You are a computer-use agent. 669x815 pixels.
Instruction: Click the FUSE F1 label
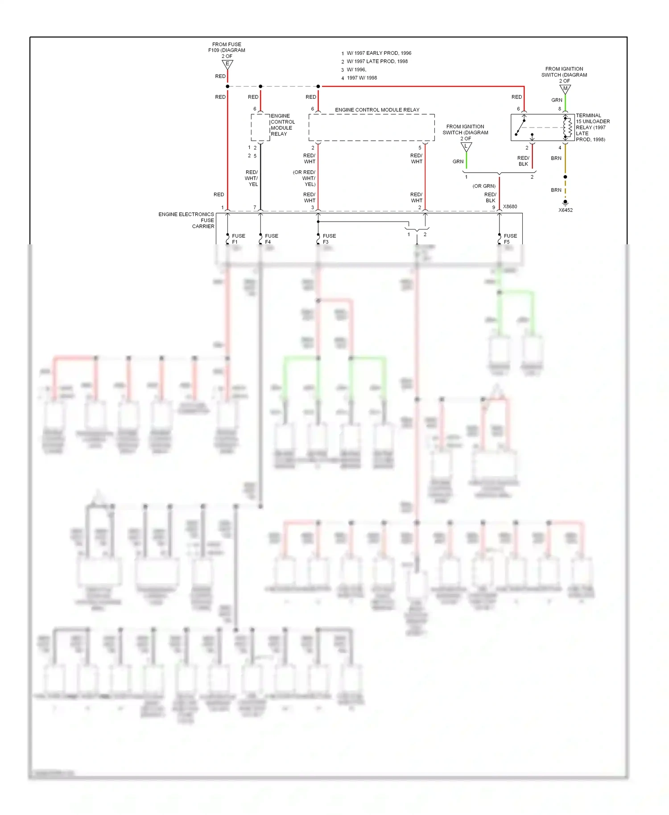point(238,239)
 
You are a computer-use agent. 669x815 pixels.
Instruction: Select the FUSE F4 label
point(271,239)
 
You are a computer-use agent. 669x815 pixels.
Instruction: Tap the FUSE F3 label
point(329,239)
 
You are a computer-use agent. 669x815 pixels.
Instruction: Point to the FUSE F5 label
point(510,239)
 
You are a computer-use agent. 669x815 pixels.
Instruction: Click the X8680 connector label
point(510,206)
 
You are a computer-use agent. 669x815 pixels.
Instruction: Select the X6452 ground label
point(565,210)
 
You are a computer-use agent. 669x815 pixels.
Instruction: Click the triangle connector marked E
point(227,64)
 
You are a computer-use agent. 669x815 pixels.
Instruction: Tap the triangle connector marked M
point(565,89)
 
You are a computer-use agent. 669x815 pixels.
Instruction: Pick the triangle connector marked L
point(466,146)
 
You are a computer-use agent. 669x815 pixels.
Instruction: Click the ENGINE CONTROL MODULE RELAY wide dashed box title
point(377,110)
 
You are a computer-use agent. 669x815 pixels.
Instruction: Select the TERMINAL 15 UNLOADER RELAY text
point(592,128)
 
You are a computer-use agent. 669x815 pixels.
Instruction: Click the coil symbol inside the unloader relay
point(568,128)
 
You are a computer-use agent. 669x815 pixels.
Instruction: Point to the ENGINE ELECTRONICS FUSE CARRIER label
point(186,220)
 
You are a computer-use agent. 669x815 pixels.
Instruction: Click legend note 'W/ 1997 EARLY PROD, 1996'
point(379,53)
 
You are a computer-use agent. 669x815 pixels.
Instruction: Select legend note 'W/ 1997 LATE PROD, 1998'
point(377,62)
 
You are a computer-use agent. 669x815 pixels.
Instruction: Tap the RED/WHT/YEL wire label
point(251,178)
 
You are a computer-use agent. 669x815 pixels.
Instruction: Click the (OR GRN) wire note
point(484,186)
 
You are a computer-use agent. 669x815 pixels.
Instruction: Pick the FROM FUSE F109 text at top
point(227,47)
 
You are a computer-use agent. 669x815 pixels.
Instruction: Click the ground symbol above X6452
point(565,202)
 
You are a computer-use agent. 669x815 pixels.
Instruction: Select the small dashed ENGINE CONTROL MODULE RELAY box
point(260,128)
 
